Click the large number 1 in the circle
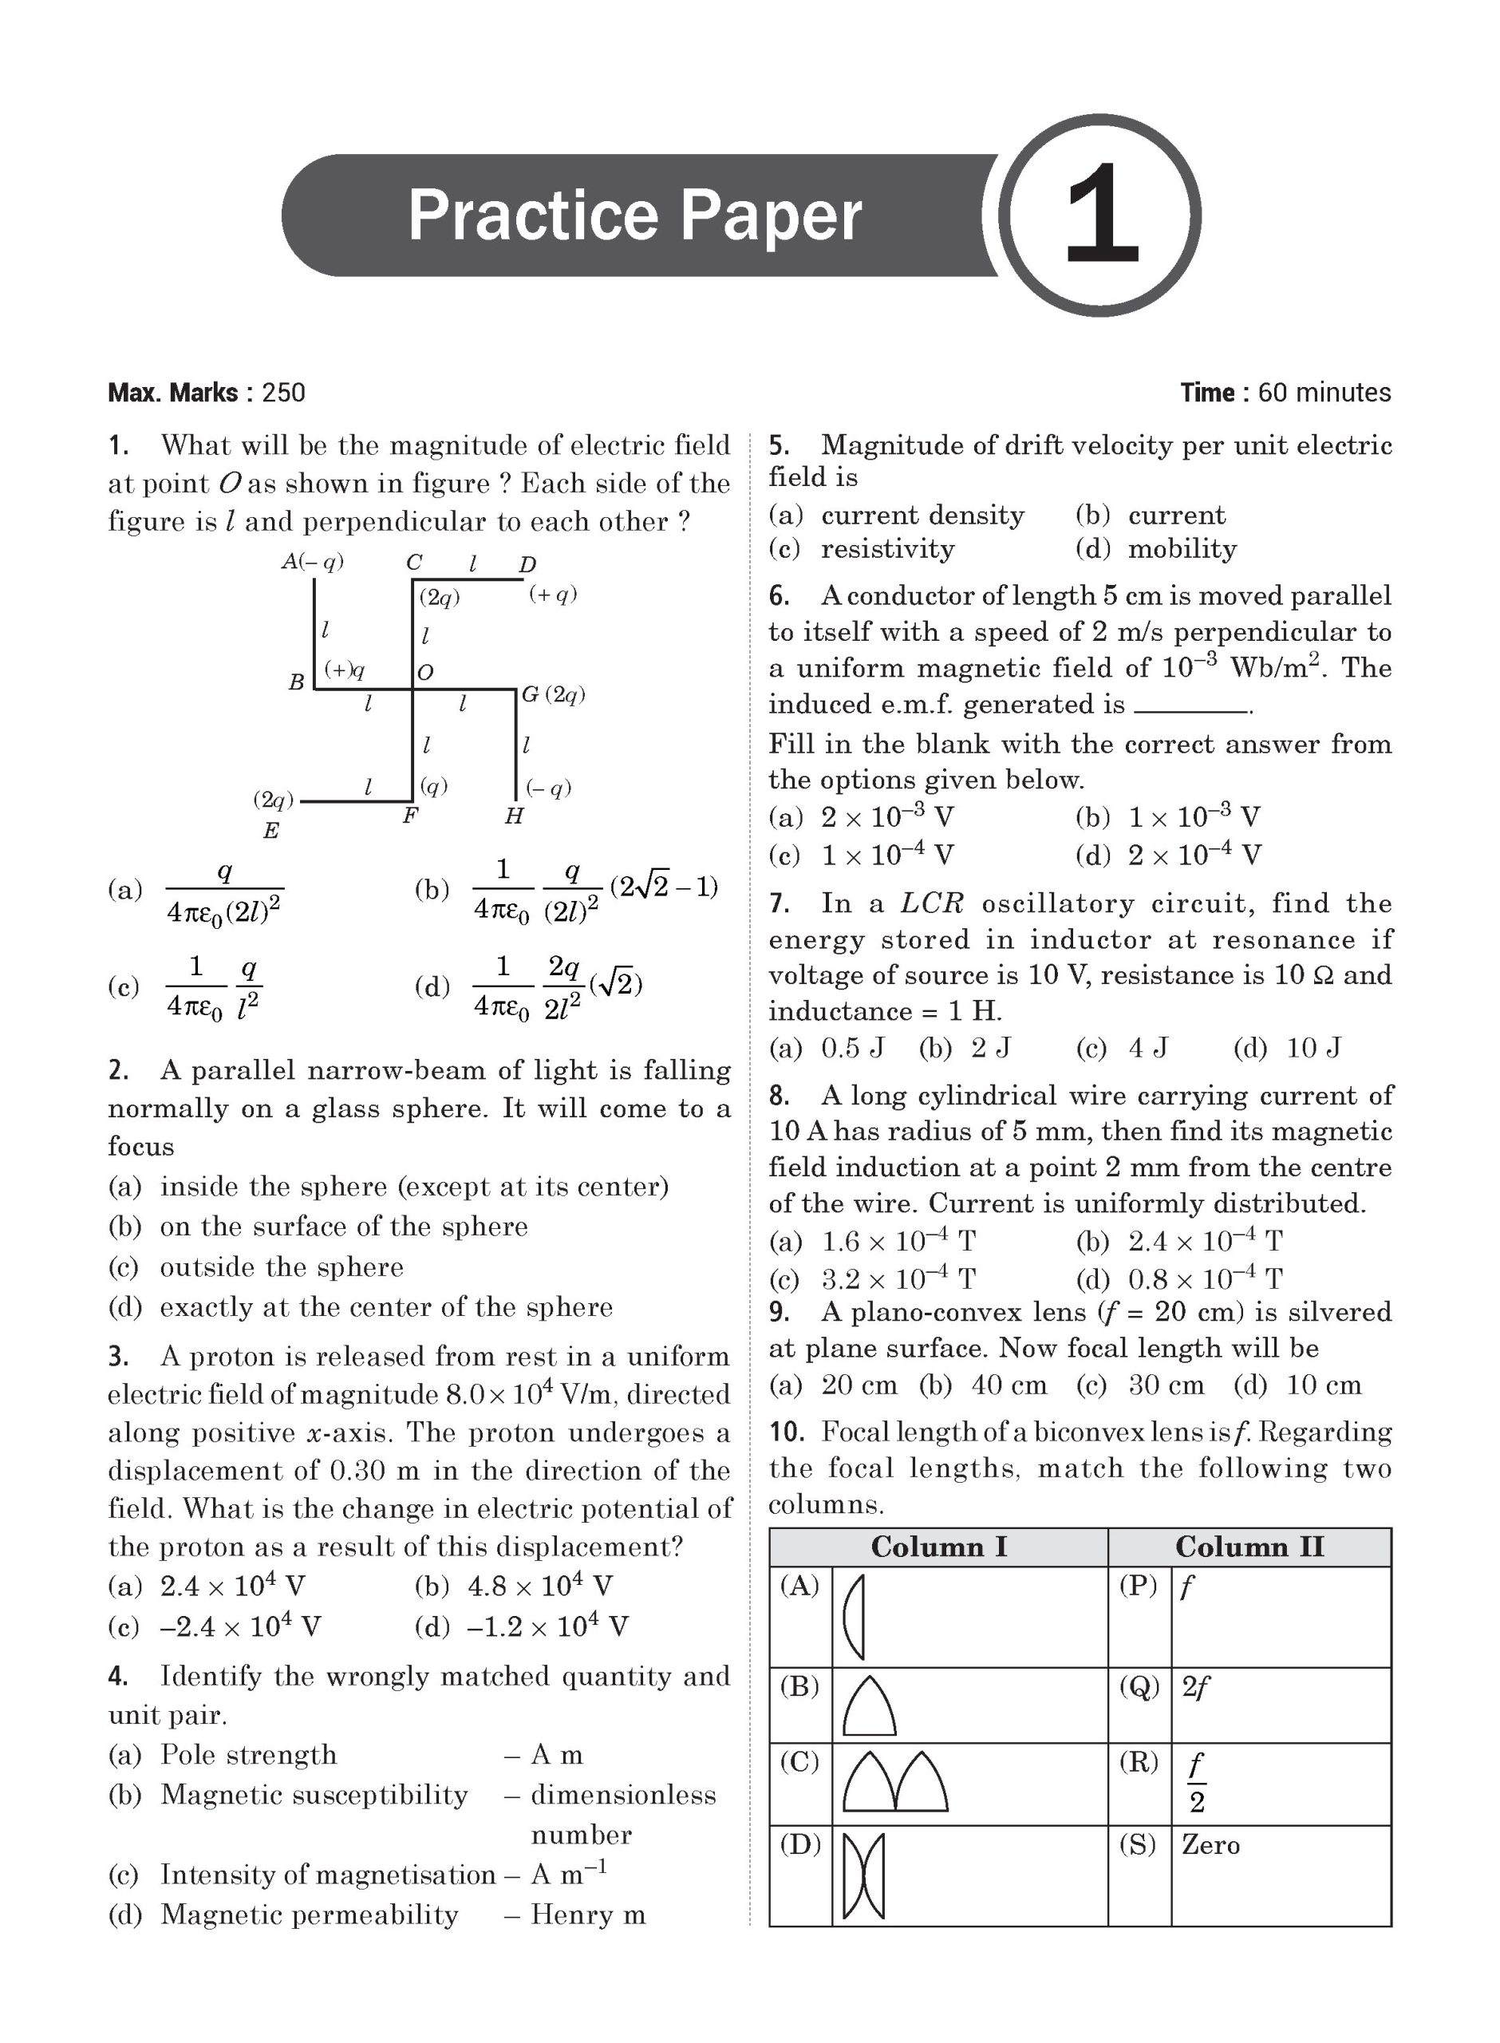click(x=1100, y=215)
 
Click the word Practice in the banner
click(x=533, y=215)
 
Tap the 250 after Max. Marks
click(x=283, y=393)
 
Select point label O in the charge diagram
click(x=425, y=673)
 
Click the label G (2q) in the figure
click(x=553, y=694)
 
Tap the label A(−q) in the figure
click(x=312, y=562)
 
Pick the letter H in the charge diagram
click(x=514, y=816)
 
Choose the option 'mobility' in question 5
click(x=1182, y=548)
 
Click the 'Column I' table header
click(x=939, y=1547)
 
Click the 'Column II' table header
click(x=1249, y=1547)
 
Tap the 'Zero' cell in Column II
click(x=1210, y=1844)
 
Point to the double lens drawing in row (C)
click(x=895, y=1781)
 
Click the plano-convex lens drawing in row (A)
click(x=855, y=1617)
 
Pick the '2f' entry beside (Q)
click(x=1195, y=1687)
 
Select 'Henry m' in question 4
click(x=587, y=1915)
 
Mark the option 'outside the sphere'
click(x=282, y=1267)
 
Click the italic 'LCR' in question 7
click(x=932, y=903)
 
